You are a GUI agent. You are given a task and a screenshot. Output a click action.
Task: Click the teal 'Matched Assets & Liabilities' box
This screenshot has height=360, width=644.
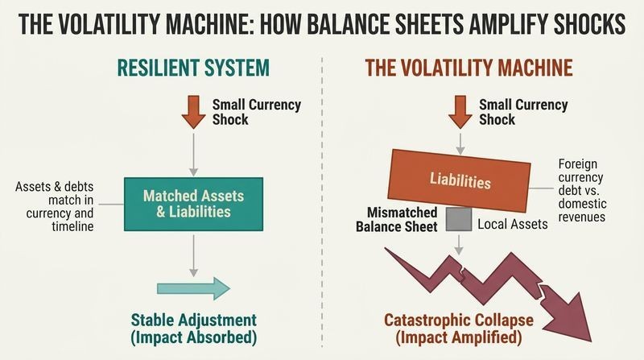(x=193, y=204)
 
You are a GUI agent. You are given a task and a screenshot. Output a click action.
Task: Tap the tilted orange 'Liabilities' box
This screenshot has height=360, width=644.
(x=459, y=181)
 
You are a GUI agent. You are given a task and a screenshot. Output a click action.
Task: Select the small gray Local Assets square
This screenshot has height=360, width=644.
(x=459, y=219)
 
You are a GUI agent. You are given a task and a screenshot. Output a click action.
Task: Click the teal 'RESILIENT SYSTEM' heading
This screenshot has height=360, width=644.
(x=193, y=68)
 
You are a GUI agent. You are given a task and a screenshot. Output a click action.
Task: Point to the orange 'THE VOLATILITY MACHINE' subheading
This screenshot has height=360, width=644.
(x=469, y=68)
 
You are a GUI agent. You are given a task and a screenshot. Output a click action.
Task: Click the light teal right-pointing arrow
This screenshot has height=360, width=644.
(x=193, y=288)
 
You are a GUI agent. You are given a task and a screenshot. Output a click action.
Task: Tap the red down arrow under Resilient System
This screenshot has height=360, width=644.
(x=193, y=112)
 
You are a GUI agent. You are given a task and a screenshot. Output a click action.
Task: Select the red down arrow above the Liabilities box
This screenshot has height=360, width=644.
(x=460, y=112)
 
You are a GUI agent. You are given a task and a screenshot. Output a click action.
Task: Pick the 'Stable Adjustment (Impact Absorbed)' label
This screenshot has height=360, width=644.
(x=193, y=329)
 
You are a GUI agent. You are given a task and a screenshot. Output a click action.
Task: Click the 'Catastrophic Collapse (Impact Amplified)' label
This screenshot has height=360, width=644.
(x=459, y=329)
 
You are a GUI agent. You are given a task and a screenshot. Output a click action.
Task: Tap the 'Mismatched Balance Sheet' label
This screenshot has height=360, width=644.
(x=396, y=219)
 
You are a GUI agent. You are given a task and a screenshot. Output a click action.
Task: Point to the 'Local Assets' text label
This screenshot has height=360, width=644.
(x=513, y=225)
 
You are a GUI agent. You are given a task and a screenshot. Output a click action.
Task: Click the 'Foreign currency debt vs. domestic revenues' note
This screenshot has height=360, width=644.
(x=582, y=190)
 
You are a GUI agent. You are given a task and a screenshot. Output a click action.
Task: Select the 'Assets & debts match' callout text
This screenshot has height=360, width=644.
(x=54, y=206)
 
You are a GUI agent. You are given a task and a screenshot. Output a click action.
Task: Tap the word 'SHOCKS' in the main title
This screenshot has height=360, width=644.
(x=590, y=24)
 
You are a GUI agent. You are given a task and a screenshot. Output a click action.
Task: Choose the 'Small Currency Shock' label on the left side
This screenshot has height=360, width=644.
(x=256, y=112)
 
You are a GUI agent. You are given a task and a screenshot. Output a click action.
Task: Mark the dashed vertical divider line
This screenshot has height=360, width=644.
(x=322, y=202)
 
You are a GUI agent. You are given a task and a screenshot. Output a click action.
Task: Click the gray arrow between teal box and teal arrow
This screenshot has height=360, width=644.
(x=193, y=255)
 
